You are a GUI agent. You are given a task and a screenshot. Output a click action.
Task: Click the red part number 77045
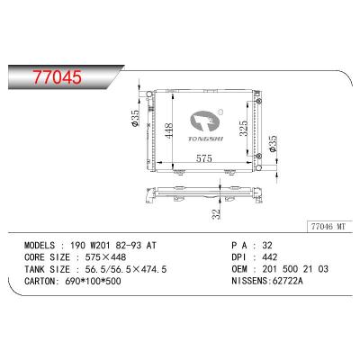(x=57, y=77)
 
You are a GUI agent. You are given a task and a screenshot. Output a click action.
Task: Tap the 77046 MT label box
(x=329, y=226)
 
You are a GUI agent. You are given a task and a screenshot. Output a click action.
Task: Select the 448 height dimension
(x=168, y=130)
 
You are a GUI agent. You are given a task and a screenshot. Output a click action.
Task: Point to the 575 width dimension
(x=204, y=158)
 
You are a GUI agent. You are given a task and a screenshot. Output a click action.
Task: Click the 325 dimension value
(x=243, y=128)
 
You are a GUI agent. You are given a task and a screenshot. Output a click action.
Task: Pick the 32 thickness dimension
(x=216, y=214)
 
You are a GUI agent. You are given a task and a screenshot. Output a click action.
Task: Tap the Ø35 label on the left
(x=135, y=118)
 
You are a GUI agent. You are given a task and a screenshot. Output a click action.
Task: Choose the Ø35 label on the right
(x=273, y=144)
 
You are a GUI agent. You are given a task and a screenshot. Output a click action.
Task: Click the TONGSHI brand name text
(x=206, y=139)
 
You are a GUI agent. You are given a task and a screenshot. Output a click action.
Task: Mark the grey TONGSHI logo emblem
(x=205, y=121)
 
